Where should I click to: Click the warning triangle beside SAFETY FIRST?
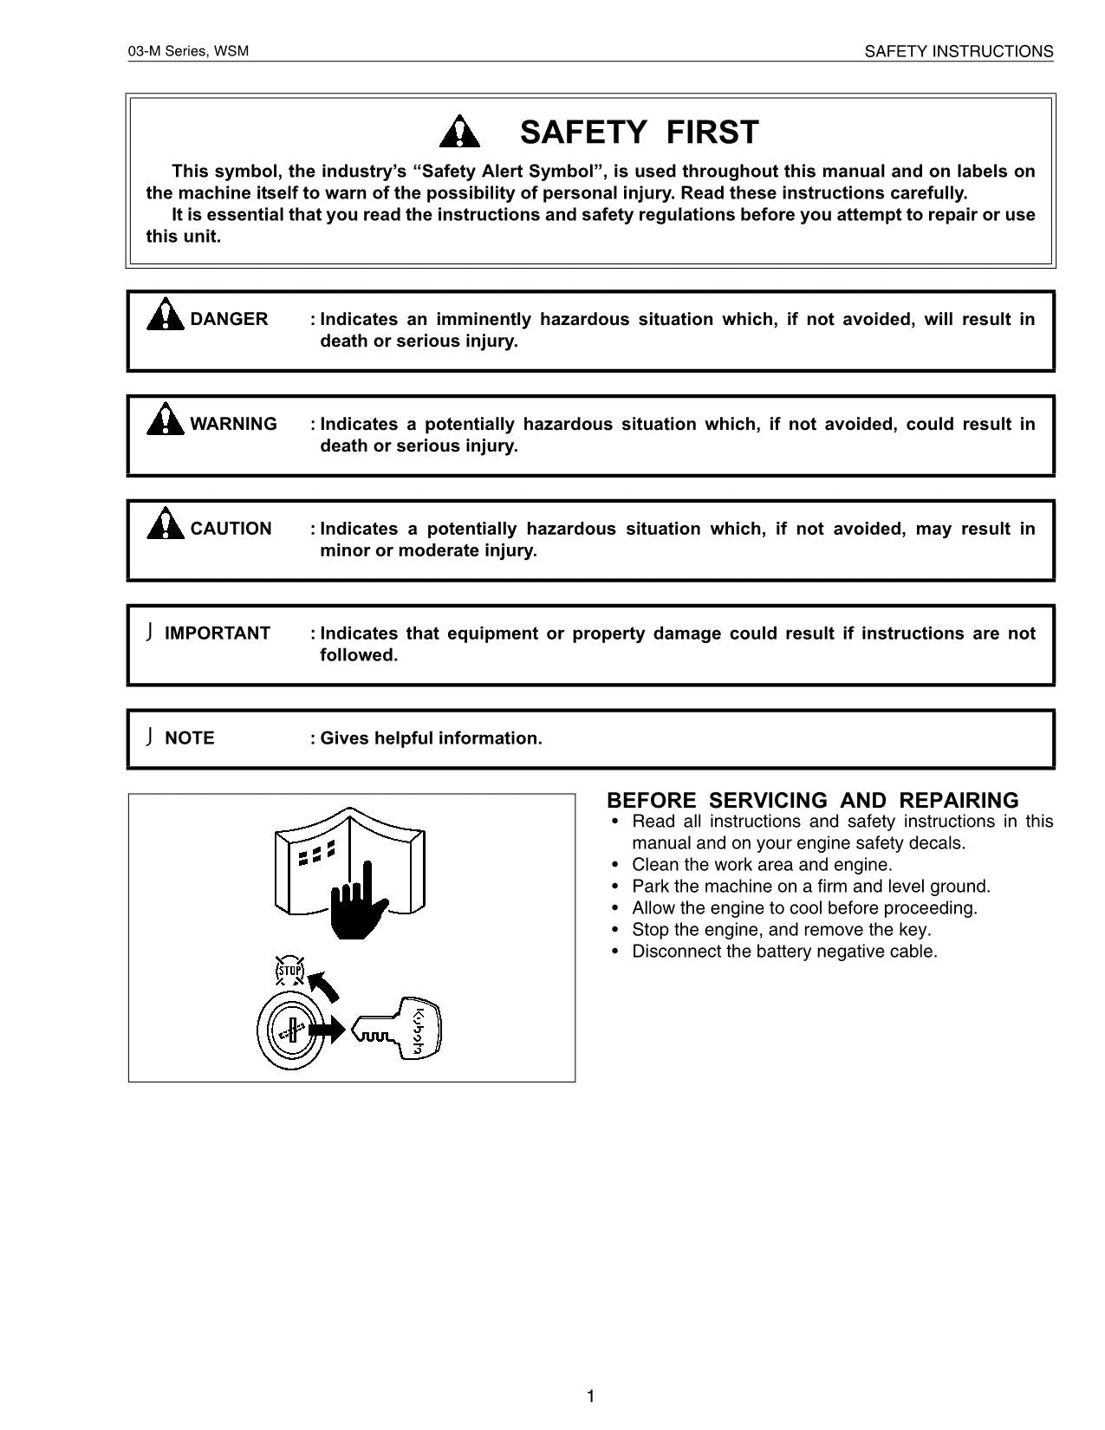(459, 132)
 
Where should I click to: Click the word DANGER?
(229, 319)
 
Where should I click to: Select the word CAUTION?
(231, 529)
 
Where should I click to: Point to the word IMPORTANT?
(218, 634)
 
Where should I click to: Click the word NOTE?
(189, 738)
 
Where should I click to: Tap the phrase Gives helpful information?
(431, 738)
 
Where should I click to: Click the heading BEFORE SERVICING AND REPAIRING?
(812, 800)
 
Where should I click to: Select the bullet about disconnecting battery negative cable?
(784, 952)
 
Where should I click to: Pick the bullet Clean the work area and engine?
(762, 865)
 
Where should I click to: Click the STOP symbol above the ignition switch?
(289, 971)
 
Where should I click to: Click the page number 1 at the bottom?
(591, 1396)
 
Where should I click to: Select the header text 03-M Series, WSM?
(188, 51)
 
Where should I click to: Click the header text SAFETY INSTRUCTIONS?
(959, 52)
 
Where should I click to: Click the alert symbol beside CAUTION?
(165, 524)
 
